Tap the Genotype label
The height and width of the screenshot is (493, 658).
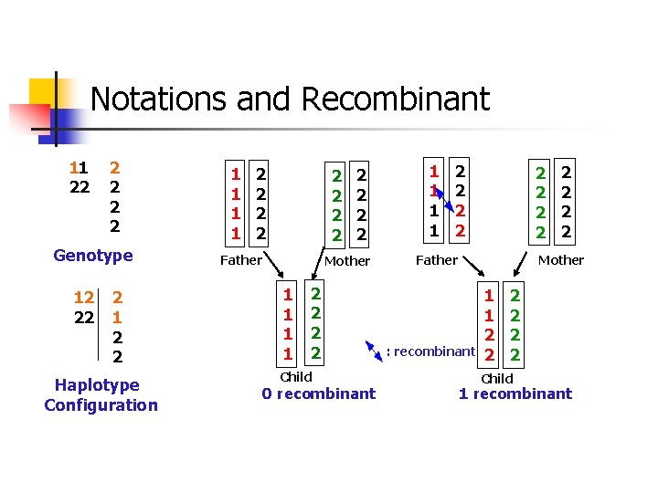tap(93, 256)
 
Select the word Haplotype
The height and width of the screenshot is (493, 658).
tap(97, 384)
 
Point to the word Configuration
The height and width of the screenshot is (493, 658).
tap(101, 404)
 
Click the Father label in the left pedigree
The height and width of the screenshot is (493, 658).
tap(242, 260)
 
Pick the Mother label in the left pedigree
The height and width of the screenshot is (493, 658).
tap(348, 260)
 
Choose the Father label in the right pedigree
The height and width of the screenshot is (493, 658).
tap(437, 260)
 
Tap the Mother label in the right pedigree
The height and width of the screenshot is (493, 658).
tap(561, 260)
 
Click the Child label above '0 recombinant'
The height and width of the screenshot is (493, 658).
tap(296, 376)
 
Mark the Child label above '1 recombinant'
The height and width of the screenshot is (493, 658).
tap(497, 378)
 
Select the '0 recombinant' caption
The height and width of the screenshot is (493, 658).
tap(318, 393)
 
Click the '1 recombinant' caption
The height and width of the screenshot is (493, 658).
tap(515, 393)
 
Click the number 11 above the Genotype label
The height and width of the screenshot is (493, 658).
tap(79, 168)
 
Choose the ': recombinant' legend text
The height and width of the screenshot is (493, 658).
tap(430, 351)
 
